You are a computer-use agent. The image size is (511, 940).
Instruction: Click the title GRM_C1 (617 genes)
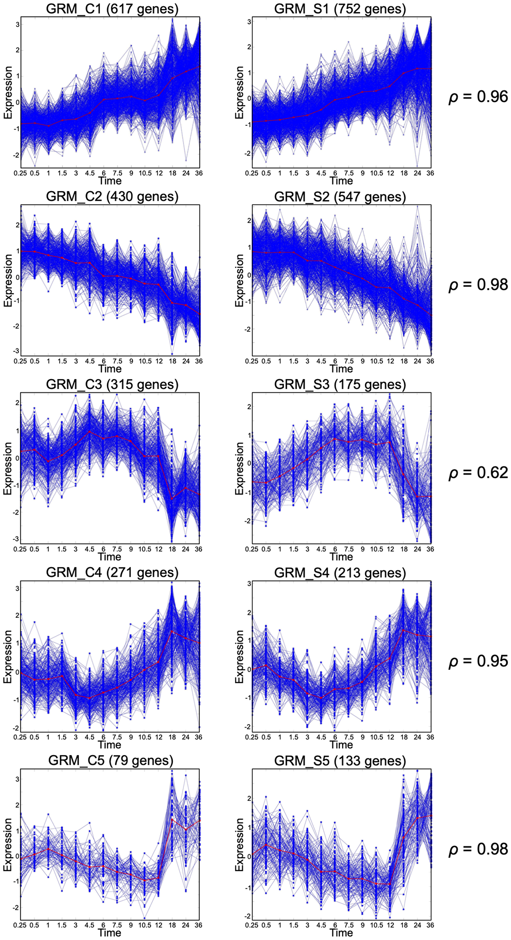[112, 9]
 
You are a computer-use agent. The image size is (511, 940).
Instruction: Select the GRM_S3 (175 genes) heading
[340, 384]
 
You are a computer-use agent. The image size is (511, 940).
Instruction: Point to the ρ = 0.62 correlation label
[478, 473]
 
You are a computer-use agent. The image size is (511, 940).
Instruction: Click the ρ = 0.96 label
[478, 97]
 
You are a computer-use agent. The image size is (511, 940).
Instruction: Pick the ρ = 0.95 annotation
[478, 661]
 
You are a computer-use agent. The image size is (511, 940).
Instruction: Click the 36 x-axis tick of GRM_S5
[430, 925]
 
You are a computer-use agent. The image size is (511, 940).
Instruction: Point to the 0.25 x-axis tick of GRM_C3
[20, 549]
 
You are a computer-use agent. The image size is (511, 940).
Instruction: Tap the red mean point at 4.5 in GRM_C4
[90, 698]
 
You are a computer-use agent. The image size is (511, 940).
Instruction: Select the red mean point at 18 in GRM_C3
[172, 498]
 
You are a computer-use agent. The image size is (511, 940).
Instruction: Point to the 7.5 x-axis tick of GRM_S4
[349, 737]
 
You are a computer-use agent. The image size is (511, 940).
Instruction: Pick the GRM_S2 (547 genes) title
[340, 197]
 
